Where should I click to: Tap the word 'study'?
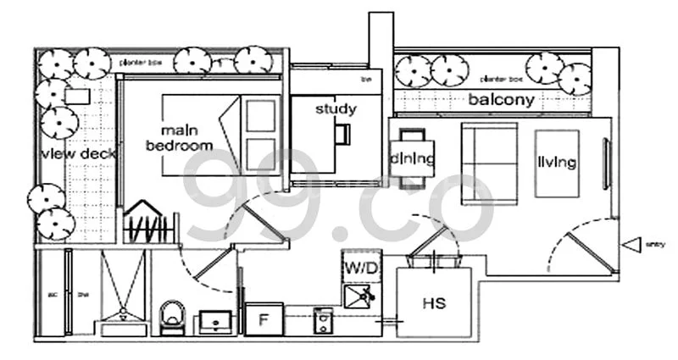pyautogui.click(x=336, y=108)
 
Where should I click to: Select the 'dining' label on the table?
pyautogui.click(x=413, y=158)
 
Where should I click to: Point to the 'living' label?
pyautogui.click(x=556, y=161)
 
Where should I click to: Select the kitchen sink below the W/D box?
pyautogui.click(x=361, y=296)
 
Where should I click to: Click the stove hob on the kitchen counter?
pyautogui.click(x=323, y=319)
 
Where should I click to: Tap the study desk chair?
pyautogui.click(x=342, y=134)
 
